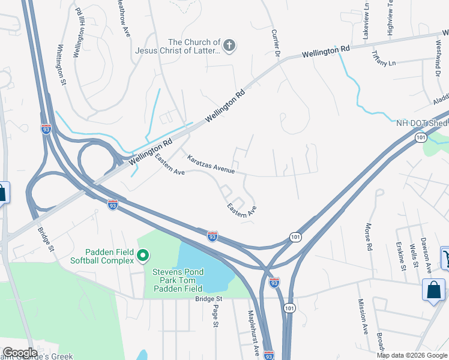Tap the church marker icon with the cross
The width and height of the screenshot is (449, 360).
coord(229,46)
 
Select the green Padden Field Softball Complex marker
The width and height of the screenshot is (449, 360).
coord(143,256)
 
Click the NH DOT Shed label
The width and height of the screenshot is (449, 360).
coord(421,123)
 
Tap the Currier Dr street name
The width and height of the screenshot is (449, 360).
coord(276,44)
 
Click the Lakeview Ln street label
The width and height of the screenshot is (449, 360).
coord(366,22)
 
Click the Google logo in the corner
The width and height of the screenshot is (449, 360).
coord(20,353)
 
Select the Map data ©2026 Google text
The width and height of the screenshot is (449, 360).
coord(411,355)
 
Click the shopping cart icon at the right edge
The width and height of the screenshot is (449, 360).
coord(446,257)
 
